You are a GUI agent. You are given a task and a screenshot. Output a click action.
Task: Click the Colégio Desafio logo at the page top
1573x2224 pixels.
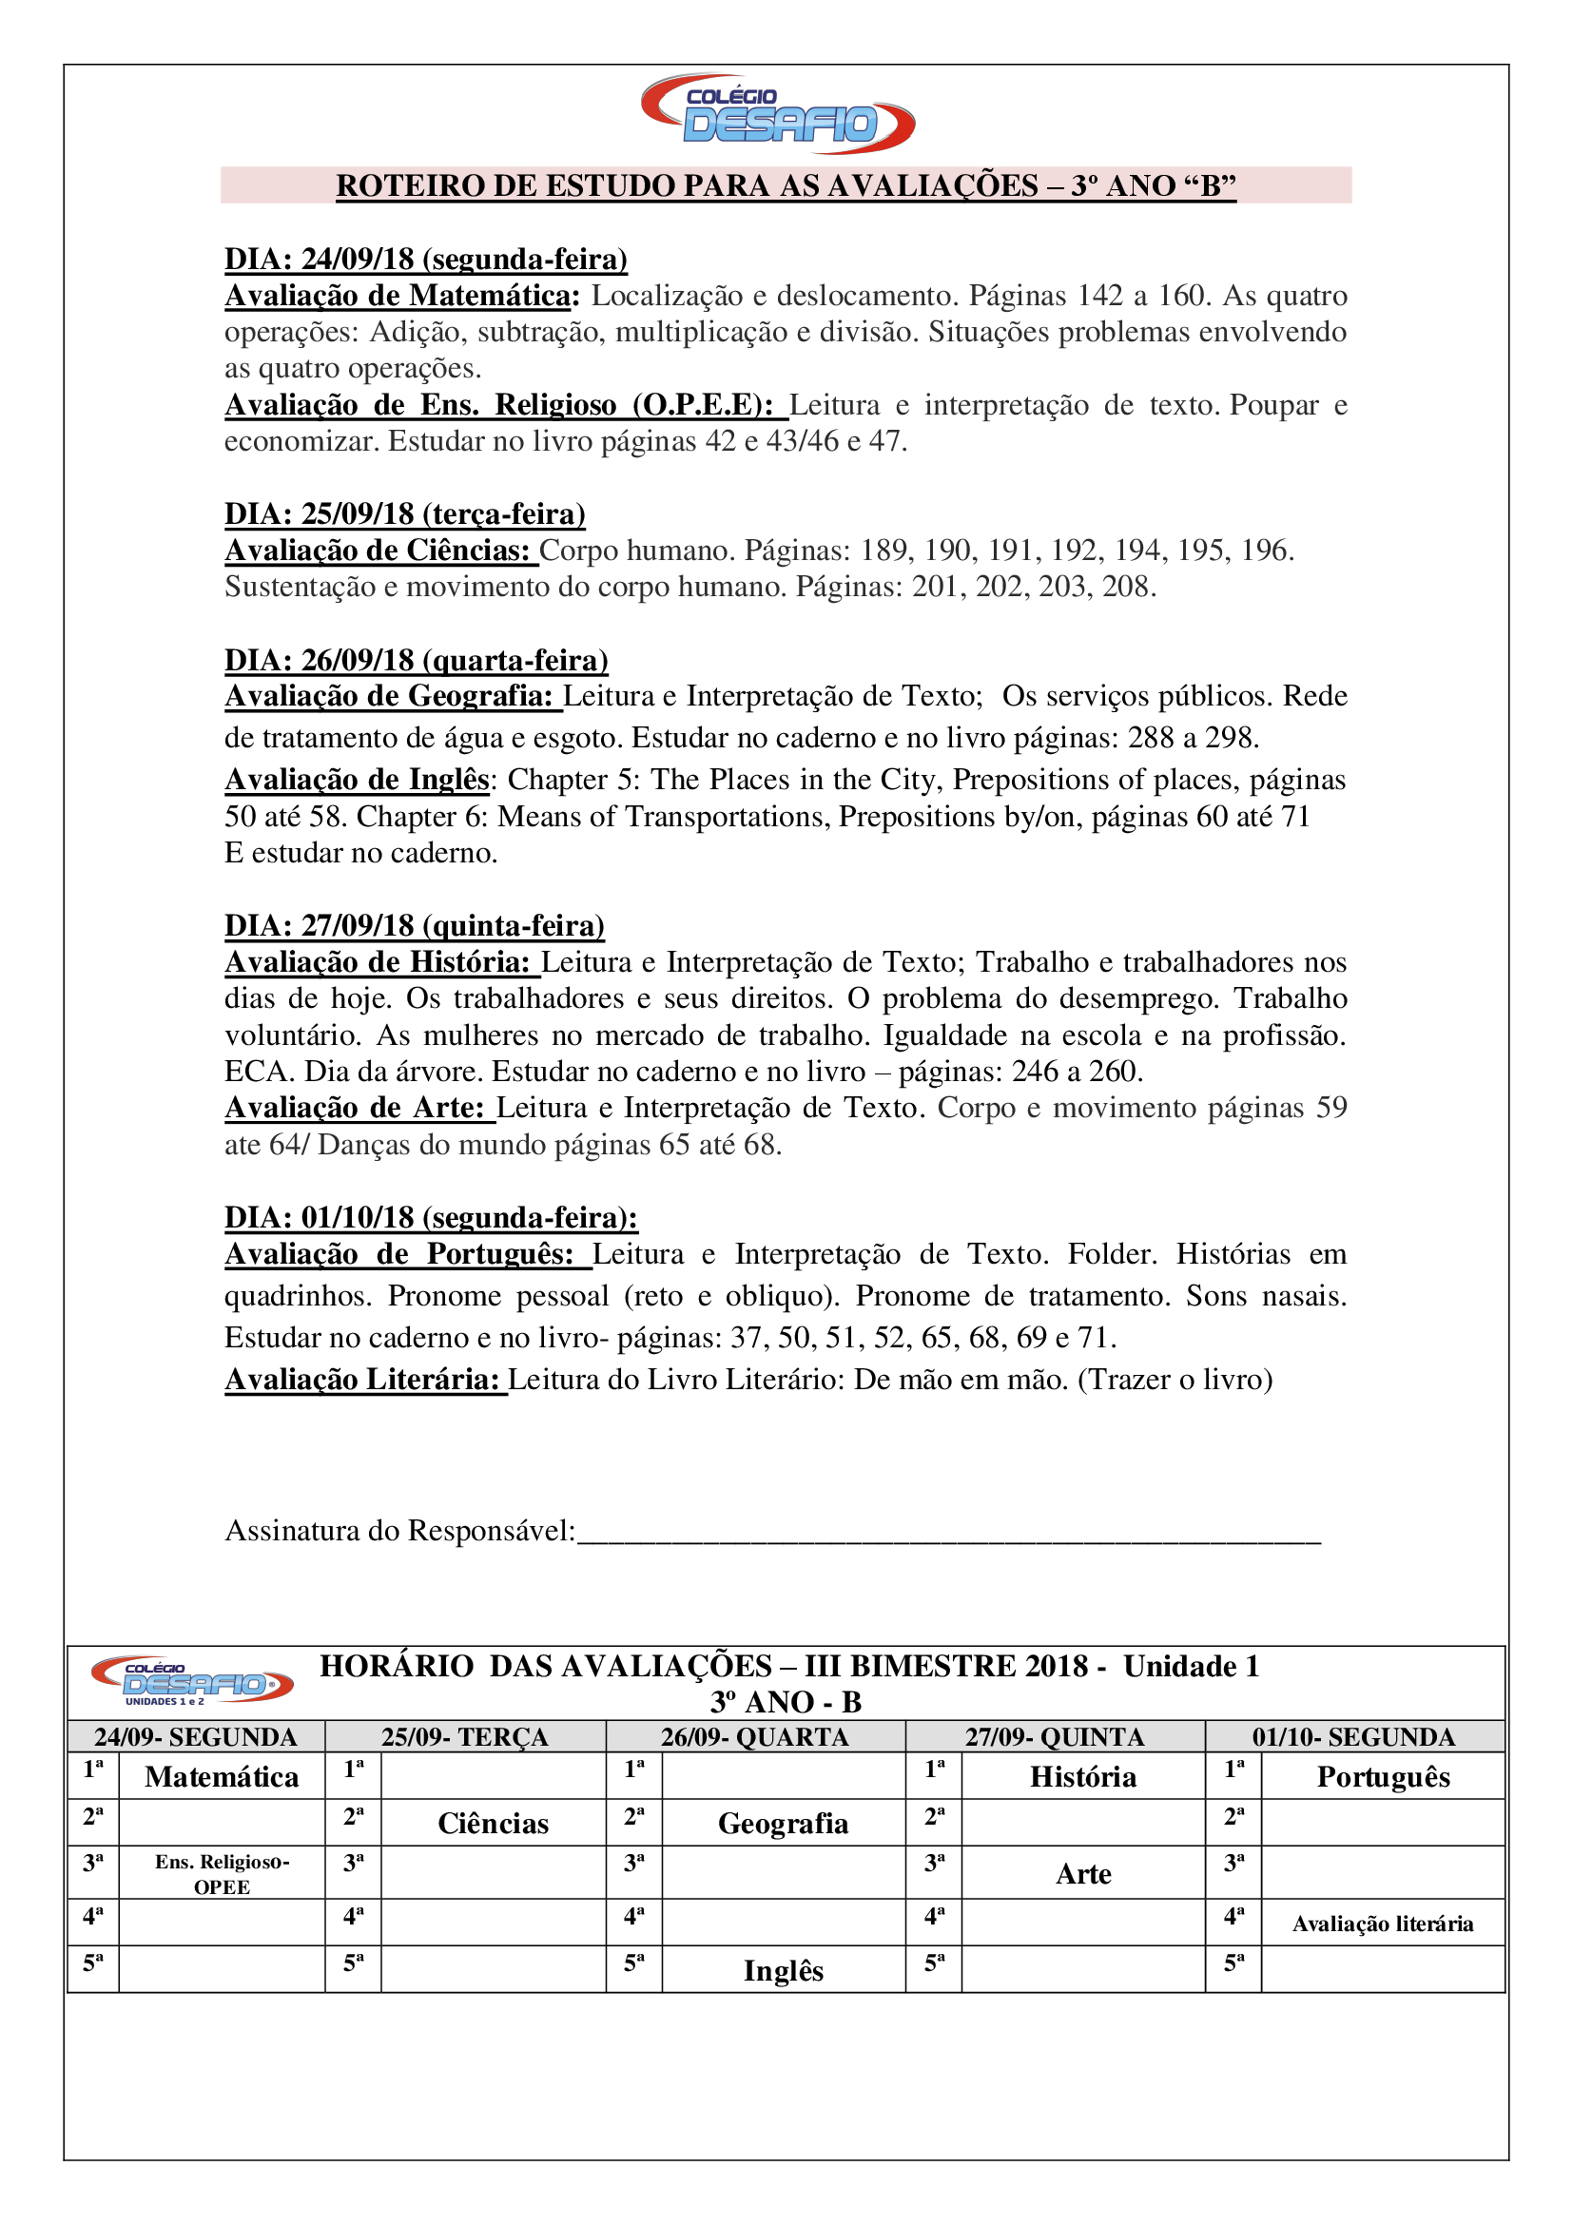pos(778,114)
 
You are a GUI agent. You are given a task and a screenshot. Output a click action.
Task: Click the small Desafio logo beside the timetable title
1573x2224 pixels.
pos(192,1680)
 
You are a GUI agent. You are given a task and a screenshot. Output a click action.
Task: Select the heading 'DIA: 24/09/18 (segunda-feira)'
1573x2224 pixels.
pos(426,260)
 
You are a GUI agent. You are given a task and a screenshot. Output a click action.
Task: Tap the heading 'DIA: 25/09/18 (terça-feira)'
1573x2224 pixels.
pos(405,514)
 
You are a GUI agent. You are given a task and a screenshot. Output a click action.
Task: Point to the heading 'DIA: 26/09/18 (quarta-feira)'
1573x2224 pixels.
pos(417,661)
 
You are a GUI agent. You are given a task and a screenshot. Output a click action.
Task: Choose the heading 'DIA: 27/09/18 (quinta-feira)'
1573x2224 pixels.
pos(415,926)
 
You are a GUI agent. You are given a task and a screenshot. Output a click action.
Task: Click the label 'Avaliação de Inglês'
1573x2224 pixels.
pos(358,780)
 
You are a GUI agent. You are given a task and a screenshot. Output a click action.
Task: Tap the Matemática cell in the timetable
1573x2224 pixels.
pos(222,1777)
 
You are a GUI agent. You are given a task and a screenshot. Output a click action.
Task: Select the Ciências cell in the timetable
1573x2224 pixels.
pos(493,1824)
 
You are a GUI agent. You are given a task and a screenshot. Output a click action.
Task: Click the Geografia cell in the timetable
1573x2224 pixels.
pos(783,1824)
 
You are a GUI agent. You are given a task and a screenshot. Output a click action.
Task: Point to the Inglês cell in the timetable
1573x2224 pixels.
pos(783,1971)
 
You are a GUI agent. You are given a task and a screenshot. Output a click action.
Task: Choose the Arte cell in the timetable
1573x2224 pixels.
pos(1083,1874)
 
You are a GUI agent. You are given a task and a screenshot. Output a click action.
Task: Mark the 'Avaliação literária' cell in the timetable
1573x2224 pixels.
pos(1382,1924)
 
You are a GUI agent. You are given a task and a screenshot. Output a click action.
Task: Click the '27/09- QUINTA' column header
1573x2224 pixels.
pos(1055,1737)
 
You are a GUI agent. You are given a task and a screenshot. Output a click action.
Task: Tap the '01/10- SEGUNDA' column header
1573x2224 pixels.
pos(1353,1737)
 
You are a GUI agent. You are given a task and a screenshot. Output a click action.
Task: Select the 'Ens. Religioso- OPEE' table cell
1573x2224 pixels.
pos(222,1873)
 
